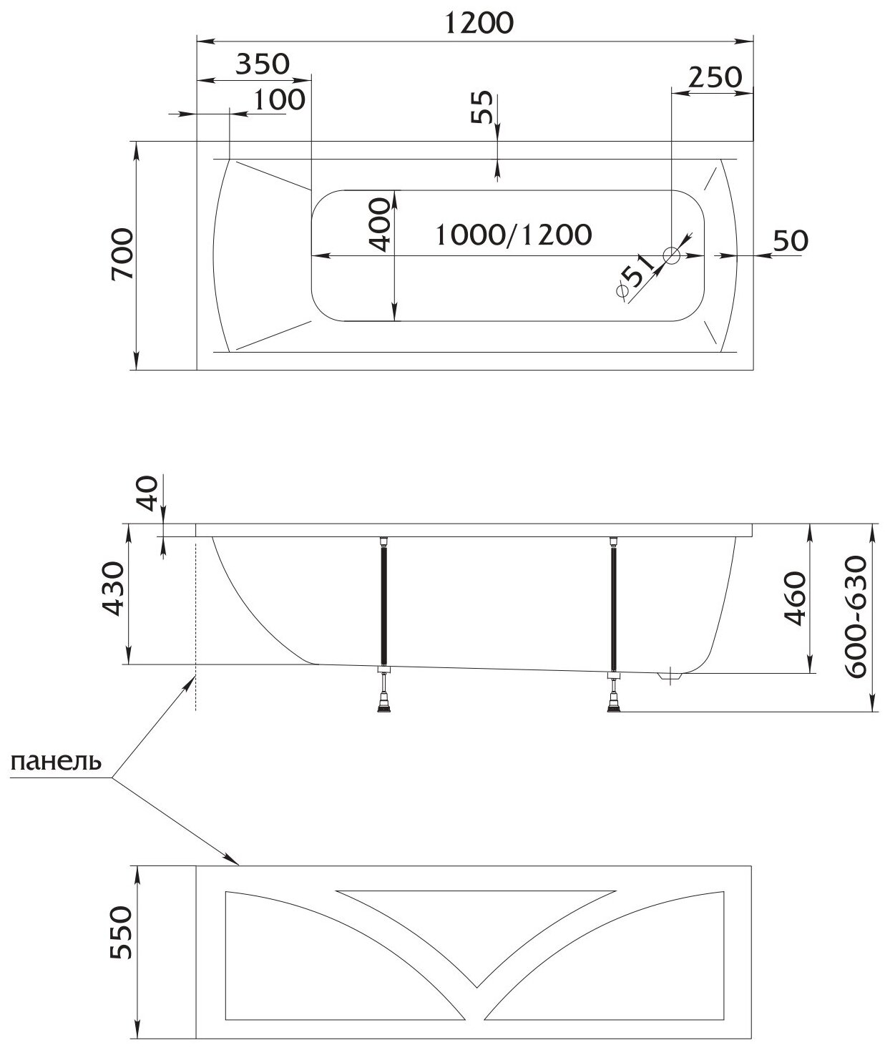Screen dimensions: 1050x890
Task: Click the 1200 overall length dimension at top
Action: click(479, 23)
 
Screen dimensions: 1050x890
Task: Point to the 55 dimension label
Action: click(484, 108)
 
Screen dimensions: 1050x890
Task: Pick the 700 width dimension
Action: click(122, 256)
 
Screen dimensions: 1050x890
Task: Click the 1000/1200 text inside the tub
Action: click(514, 234)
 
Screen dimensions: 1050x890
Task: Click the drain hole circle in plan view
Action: click(672, 255)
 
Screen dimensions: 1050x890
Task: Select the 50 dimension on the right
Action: click(791, 240)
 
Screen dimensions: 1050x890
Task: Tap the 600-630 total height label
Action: click(856, 617)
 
